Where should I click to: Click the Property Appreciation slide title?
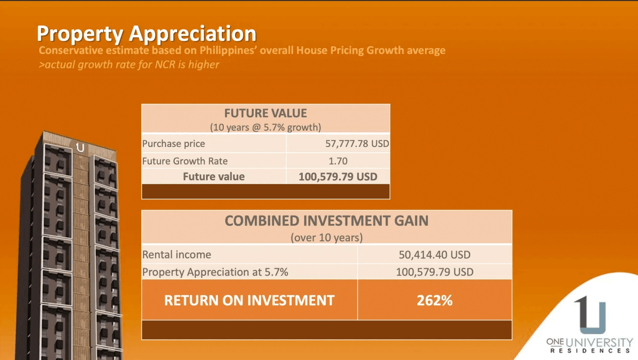click(x=146, y=34)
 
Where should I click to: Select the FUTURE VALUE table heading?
click(x=266, y=113)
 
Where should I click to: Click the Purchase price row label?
click(x=173, y=144)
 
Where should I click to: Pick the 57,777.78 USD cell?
click(x=357, y=143)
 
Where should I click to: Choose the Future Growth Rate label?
click(x=185, y=161)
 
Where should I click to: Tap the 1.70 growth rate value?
click(x=338, y=161)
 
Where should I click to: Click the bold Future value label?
click(x=213, y=177)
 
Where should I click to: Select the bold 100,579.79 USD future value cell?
click(x=338, y=177)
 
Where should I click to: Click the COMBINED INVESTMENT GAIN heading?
click(x=326, y=221)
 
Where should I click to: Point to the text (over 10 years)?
click(x=327, y=237)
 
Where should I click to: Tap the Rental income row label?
click(x=177, y=254)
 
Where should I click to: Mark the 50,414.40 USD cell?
click(x=435, y=254)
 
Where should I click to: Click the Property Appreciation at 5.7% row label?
click(x=215, y=272)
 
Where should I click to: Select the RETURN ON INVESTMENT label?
click(x=249, y=301)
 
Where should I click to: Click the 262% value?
click(x=435, y=301)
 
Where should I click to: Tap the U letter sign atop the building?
click(x=80, y=148)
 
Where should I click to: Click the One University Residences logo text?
click(x=589, y=345)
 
